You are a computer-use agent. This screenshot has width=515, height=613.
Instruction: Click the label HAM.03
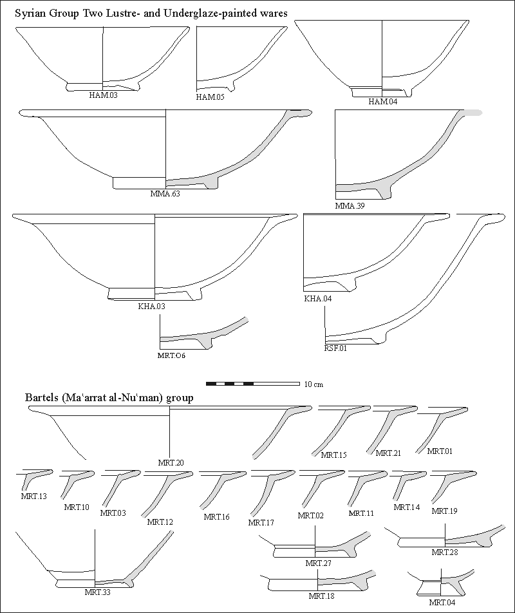point(104,95)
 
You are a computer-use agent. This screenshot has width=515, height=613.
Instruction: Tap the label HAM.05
point(209,98)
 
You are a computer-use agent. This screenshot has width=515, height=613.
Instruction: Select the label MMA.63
point(165,193)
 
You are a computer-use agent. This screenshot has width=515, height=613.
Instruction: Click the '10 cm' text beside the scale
point(313,384)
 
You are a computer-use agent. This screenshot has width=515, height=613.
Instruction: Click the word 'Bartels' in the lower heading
point(42,397)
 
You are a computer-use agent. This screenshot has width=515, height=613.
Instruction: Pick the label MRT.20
point(171,462)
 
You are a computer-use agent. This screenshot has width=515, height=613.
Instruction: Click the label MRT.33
point(97,592)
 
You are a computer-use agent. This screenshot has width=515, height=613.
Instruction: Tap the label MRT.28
point(444,552)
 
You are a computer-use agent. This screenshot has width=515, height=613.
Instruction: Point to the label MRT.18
point(321,596)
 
